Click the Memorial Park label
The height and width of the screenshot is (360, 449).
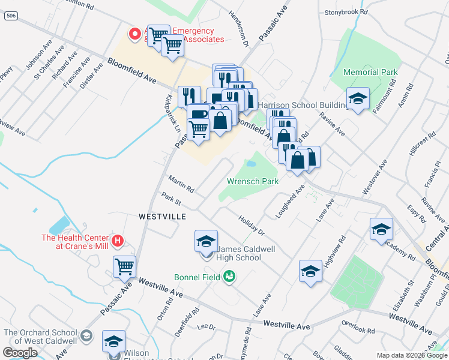370,72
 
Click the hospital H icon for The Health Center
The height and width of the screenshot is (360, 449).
118,241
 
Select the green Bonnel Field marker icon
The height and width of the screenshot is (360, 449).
228,277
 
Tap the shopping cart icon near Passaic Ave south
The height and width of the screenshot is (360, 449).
124,266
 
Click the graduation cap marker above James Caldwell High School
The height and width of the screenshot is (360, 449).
206,241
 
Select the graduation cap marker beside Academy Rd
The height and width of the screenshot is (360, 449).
381,229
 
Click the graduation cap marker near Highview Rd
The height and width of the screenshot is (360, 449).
310,271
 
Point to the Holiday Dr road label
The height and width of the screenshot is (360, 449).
251,225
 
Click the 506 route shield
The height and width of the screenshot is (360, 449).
10,16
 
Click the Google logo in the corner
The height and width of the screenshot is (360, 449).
20,353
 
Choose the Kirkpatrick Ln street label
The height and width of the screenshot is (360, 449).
172,113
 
